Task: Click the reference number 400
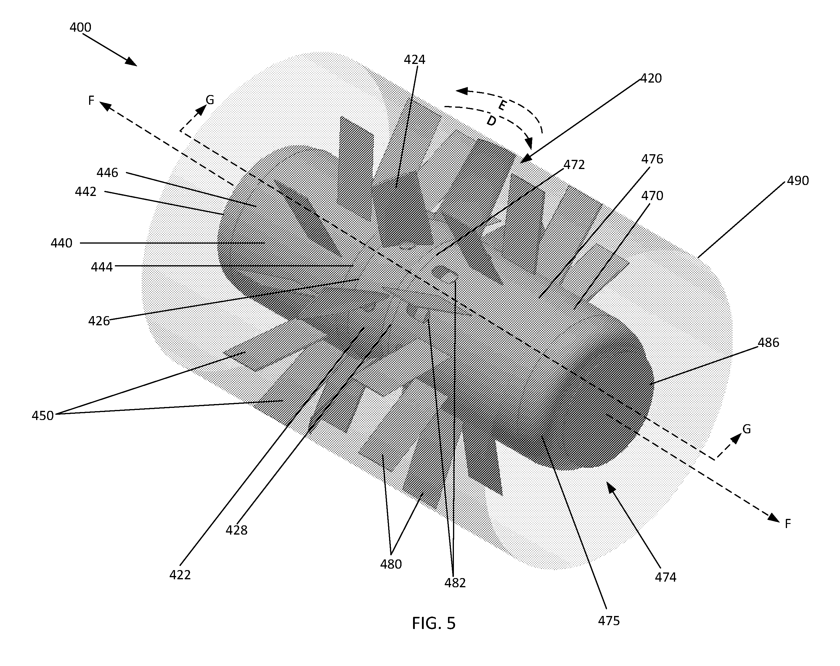[80, 27]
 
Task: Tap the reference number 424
[414, 59]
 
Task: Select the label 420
[651, 78]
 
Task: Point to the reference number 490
[798, 181]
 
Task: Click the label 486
[768, 343]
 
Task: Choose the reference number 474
[665, 577]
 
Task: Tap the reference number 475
[608, 621]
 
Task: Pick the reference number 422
[180, 575]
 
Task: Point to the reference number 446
[107, 173]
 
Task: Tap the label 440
[61, 243]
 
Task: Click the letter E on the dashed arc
[502, 106]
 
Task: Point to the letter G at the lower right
[746, 429]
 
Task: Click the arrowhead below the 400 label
[131, 62]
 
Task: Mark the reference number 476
[652, 159]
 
